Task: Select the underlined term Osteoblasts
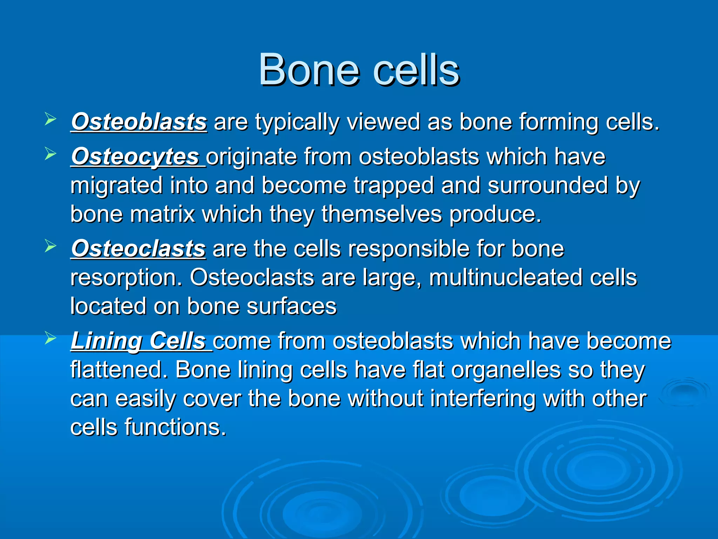(139, 122)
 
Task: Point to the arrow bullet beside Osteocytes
(50, 154)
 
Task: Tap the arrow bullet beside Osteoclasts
(50, 246)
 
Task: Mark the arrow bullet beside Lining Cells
(50, 339)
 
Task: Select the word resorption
(127, 278)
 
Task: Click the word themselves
(382, 214)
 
